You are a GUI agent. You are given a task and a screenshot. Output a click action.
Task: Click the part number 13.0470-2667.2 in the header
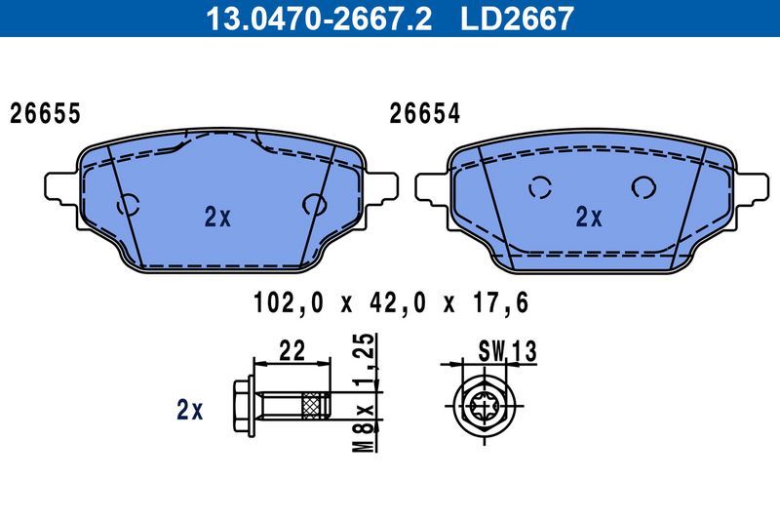pyautogui.click(x=314, y=19)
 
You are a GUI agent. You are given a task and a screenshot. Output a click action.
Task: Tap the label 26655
pyautogui.click(x=45, y=113)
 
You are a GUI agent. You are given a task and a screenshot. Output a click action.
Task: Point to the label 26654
pyautogui.click(x=424, y=113)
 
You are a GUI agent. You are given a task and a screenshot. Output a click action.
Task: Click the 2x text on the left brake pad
pyautogui.click(x=217, y=219)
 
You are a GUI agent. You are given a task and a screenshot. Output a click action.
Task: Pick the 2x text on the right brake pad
pyautogui.click(x=588, y=217)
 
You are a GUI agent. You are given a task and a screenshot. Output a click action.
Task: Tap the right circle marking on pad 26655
pyautogui.click(x=315, y=204)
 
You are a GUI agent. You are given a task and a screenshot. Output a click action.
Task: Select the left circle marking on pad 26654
pyautogui.click(x=539, y=188)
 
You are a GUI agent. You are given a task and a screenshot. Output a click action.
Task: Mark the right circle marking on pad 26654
pyautogui.click(x=643, y=187)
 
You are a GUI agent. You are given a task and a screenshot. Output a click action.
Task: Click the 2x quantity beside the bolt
pyautogui.click(x=189, y=411)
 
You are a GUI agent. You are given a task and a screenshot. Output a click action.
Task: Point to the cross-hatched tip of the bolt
pyautogui.click(x=315, y=403)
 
